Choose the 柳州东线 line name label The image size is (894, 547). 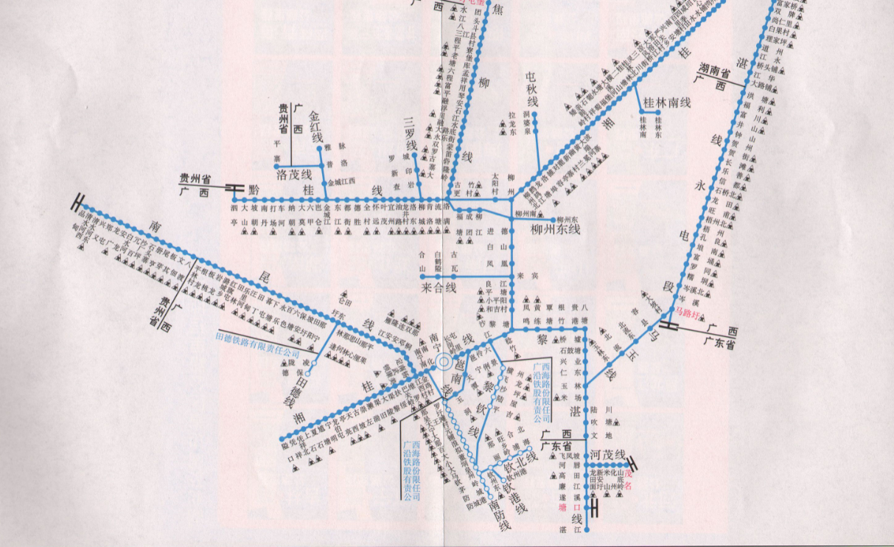pos(556,229)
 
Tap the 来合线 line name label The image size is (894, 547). pos(441,286)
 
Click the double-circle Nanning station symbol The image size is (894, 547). pos(444,362)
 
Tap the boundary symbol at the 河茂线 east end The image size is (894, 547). pos(631,464)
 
